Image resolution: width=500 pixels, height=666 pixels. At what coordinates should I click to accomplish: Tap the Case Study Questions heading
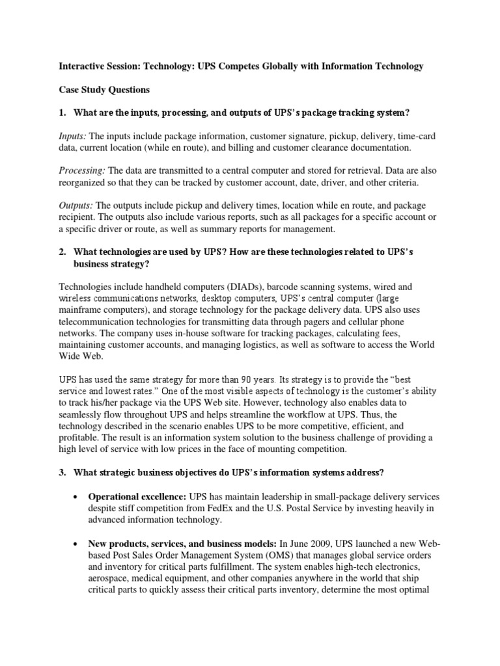tap(104, 90)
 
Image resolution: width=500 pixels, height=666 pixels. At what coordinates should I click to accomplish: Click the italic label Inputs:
tap(72, 136)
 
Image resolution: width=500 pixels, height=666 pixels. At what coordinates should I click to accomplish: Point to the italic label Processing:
tap(81, 171)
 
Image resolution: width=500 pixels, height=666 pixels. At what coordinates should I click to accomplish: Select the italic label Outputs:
tap(76, 206)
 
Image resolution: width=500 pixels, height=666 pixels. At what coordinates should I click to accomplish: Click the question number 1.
tap(62, 113)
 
